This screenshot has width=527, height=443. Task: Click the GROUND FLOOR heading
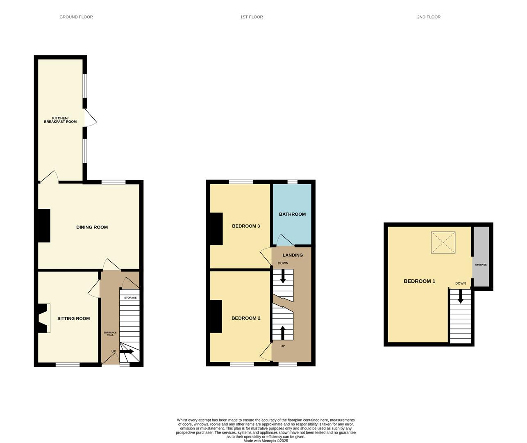point(76,17)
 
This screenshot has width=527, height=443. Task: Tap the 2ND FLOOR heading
point(429,17)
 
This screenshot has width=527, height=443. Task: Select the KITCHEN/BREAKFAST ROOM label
point(60,120)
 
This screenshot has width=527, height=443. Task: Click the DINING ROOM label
point(92,227)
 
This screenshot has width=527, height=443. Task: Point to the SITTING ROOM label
point(73,318)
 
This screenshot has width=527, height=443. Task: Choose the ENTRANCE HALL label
point(110,333)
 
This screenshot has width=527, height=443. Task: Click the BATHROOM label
point(292,214)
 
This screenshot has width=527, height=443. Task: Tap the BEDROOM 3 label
point(246,226)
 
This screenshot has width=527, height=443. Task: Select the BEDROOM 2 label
point(246,318)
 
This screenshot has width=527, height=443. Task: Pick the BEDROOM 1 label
point(420,281)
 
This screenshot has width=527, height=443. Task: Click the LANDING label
point(293,255)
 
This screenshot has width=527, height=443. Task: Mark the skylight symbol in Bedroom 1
point(443,242)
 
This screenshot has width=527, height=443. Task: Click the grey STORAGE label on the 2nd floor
point(481,265)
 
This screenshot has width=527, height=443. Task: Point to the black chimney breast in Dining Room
point(44,226)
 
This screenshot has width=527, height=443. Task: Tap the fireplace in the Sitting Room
point(44,318)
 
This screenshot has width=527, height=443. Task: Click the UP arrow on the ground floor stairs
point(127,351)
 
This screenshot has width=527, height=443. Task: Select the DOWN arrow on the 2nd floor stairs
point(460,296)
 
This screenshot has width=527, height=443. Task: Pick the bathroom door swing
point(285,240)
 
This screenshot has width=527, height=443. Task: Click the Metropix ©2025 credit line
point(266,441)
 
